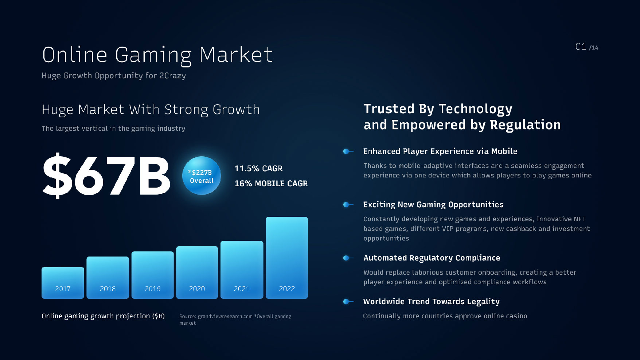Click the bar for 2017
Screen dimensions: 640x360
tap(63, 283)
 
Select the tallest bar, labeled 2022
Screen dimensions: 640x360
tap(287, 258)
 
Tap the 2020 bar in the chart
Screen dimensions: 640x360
tap(197, 273)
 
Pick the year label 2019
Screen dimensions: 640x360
tap(153, 289)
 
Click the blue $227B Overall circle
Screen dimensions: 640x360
tap(202, 176)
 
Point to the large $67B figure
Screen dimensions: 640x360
tap(106, 175)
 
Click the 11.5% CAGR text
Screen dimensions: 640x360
tap(258, 168)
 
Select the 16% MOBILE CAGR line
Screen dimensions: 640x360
tap(271, 183)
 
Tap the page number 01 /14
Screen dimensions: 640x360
tap(587, 47)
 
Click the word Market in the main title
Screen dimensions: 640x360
tap(236, 55)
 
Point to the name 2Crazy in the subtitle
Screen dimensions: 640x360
tap(172, 76)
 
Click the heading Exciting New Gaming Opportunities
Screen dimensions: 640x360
tap(433, 205)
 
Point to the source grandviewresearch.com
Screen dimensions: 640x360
tap(225, 316)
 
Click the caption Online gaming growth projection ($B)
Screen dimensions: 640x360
tap(103, 316)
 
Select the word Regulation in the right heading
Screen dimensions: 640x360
tap(525, 125)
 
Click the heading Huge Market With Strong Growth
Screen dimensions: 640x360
tap(151, 110)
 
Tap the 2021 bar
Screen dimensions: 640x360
tap(242, 270)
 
